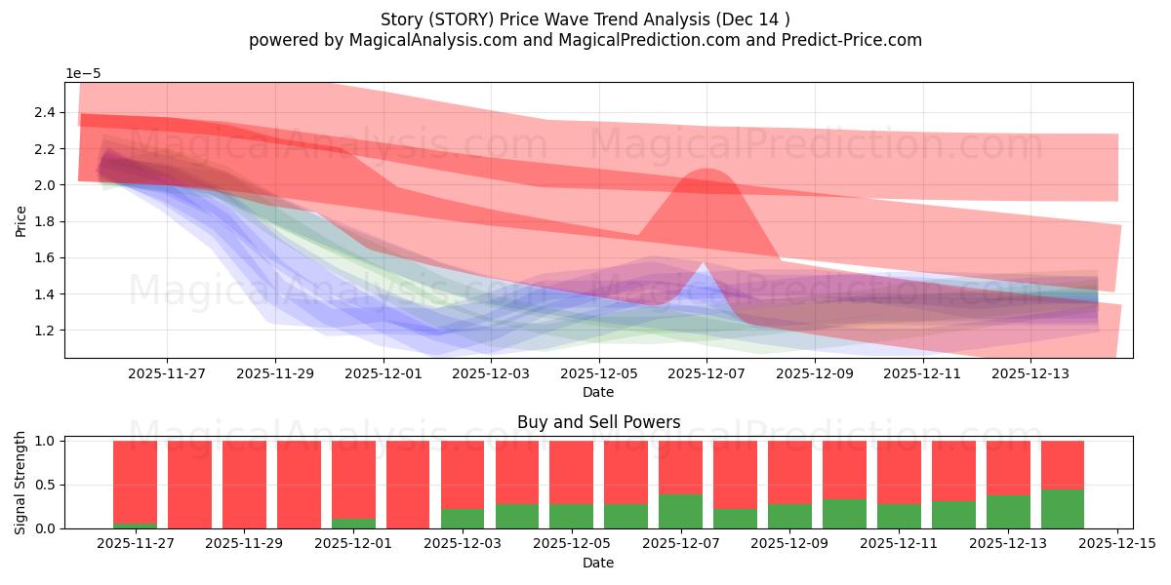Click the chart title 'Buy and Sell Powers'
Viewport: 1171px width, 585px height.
click(598, 422)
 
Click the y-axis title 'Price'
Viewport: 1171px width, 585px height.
click(20, 221)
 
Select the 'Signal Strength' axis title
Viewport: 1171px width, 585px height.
click(20, 484)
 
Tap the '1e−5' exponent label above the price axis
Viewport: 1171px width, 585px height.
click(83, 74)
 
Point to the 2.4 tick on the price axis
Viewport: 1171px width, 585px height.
click(45, 112)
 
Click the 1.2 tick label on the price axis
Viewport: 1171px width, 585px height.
click(45, 331)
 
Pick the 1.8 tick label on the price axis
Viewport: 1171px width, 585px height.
click(45, 221)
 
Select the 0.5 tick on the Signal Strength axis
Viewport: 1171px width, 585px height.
click(45, 485)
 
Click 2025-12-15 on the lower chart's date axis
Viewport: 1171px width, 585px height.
click(1117, 543)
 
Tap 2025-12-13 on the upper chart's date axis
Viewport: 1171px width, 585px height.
click(1030, 374)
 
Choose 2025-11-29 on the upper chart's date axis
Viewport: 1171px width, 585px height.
click(275, 374)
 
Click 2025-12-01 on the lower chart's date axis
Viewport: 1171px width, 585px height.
click(353, 543)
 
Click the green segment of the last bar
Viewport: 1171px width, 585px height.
click(1063, 509)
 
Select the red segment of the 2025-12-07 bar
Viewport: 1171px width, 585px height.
click(681, 467)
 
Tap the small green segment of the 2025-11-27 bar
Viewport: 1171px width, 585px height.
click(135, 526)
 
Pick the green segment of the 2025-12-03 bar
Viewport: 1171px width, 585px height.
click(463, 519)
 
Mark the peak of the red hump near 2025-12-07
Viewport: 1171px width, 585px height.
click(707, 170)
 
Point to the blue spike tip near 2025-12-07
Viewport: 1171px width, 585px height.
click(704, 262)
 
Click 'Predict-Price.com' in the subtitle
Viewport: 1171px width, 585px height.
click(852, 40)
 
